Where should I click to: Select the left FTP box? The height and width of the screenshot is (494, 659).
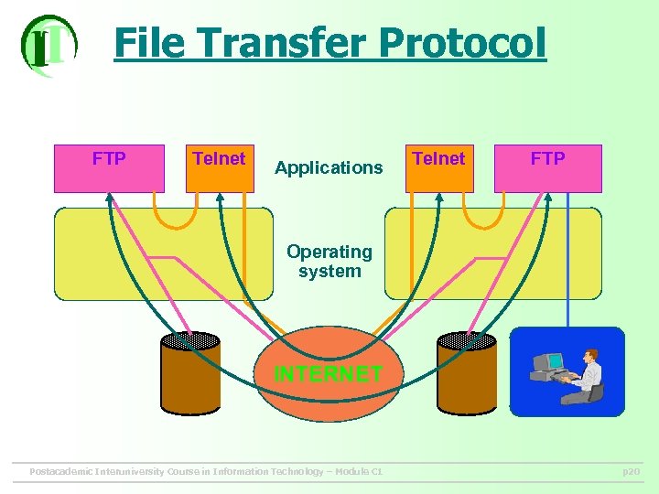pos(109,168)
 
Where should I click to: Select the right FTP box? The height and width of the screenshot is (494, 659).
pos(548,168)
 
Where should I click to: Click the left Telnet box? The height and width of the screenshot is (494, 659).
pos(220,168)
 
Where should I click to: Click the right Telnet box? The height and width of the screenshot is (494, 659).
pos(439,168)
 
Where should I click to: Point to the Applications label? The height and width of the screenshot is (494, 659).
pos(329,167)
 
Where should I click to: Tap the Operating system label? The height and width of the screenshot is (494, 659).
pos(329,261)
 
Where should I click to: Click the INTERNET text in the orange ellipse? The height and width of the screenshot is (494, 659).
pos(329,373)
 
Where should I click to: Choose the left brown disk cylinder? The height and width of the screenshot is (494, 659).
pos(190,375)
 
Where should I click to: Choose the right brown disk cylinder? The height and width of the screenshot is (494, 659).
pos(467,375)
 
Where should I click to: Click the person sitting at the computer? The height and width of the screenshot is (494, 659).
pos(586,375)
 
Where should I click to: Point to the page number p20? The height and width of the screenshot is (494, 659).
pos(631,472)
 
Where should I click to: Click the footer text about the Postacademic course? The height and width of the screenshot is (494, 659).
pos(206,472)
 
